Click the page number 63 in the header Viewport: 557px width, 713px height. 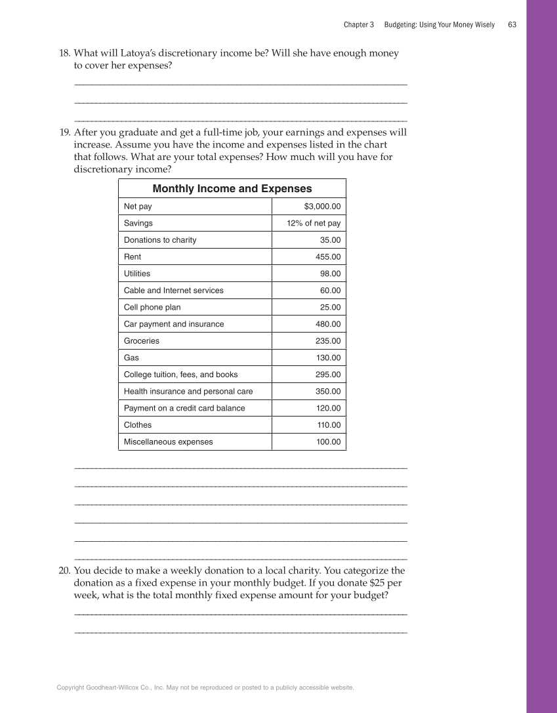512,25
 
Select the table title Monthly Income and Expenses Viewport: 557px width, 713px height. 232,189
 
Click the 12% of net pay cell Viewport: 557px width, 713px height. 314,223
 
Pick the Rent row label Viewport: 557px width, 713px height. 133,257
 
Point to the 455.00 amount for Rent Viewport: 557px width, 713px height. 328,257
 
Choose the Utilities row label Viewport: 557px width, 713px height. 137,274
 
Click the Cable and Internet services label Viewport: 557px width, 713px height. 173,291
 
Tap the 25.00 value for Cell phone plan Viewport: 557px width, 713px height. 330,307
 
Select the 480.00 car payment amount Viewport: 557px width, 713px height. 328,324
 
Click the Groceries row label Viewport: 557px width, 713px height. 142,341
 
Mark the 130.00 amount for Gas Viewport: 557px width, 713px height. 328,358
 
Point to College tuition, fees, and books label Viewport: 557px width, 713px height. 180,375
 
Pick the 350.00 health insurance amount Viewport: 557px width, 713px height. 328,392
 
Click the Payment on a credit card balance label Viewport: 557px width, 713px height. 184,408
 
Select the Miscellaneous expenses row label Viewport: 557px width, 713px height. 168,442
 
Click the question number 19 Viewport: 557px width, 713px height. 65,132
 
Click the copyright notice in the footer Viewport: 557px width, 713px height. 205,687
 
